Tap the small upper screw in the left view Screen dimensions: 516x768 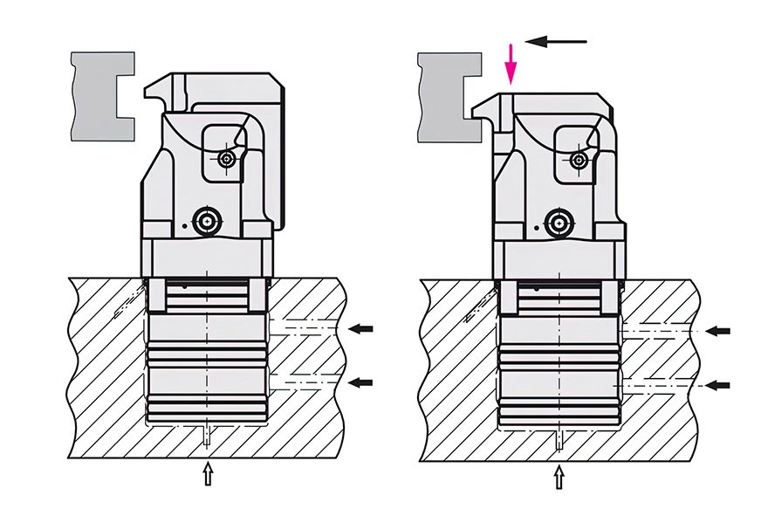click(x=228, y=159)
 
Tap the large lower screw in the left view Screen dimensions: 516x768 click(x=207, y=222)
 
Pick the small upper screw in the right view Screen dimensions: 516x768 click(x=577, y=159)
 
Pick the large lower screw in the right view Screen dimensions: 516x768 click(x=556, y=222)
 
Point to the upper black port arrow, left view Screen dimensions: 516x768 click(x=360, y=329)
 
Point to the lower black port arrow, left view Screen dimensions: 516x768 click(x=360, y=382)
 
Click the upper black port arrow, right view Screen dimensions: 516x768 click(x=717, y=331)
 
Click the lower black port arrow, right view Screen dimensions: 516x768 click(x=717, y=385)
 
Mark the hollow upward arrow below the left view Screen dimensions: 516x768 click(x=207, y=474)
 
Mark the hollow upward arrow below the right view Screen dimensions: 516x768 click(x=559, y=478)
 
